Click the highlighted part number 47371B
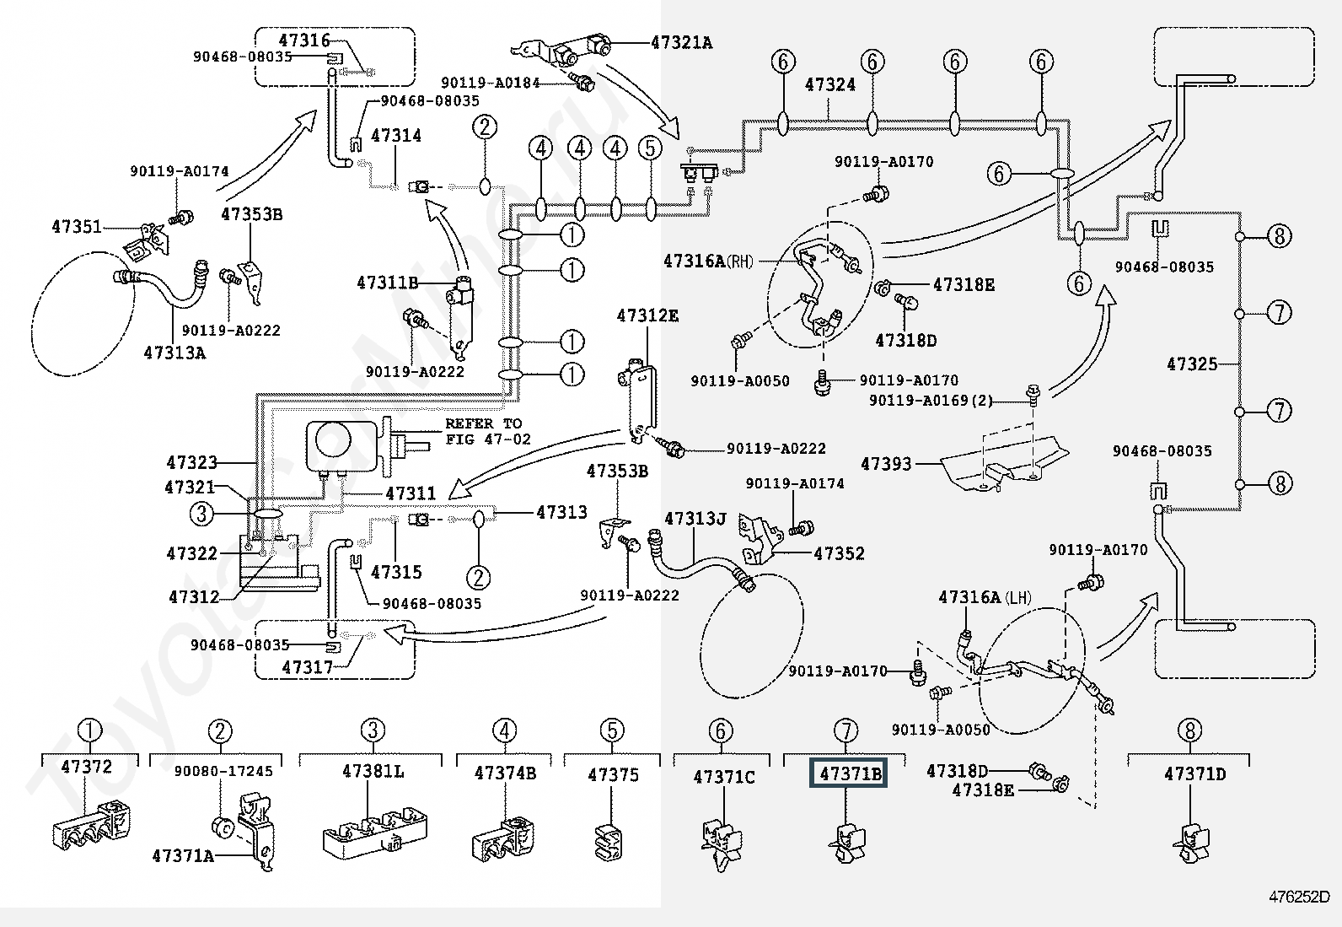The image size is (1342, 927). pyautogui.click(x=848, y=773)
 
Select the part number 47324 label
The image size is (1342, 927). pyautogui.click(x=829, y=84)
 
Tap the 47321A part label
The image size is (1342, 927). pyautogui.click(x=682, y=42)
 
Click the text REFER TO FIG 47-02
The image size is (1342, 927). pyautogui.click(x=488, y=431)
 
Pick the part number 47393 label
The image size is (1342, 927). pyautogui.click(x=886, y=464)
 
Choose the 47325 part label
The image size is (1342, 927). pyautogui.click(x=1192, y=364)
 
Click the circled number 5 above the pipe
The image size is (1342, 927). pyautogui.click(x=651, y=148)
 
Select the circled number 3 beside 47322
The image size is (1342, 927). pyautogui.click(x=202, y=514)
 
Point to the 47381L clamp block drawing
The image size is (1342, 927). pyautogui.click(x=375, y=833)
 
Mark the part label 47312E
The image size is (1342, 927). pyautogui.click(x=647, y=315)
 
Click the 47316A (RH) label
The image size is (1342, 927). pyautogui.click(x=708, y=261)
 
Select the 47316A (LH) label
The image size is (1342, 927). pyautogui.click(x=985, y=597)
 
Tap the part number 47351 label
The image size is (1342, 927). pyautogui.click(x=77, y=227)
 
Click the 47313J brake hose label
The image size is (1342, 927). pyautogui.click(x=695, y=518)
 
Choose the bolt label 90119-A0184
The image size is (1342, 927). pyautogui.click(x=490, y=83)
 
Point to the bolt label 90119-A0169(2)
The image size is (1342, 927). pyautogui.click(x=931, y=400)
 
